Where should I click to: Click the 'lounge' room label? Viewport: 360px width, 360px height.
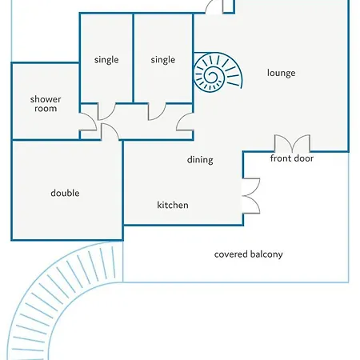(281, 73)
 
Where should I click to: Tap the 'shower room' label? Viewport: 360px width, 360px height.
(46, 104)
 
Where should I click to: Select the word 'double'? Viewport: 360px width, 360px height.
(65, 193)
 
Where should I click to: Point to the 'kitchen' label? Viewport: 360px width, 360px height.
(173, 205)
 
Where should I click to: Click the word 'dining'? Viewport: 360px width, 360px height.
(200, 160)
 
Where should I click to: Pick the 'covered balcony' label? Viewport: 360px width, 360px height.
(248, 254)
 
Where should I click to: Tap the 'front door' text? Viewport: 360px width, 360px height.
(292, 158)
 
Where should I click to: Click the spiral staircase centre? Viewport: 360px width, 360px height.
(213, 75)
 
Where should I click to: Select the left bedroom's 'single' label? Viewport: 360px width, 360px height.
(106, 60)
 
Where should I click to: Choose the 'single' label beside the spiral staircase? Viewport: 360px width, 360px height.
(163, 60)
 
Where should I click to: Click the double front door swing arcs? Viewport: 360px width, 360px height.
(292, 143)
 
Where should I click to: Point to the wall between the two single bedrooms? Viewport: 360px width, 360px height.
(134, 58)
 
